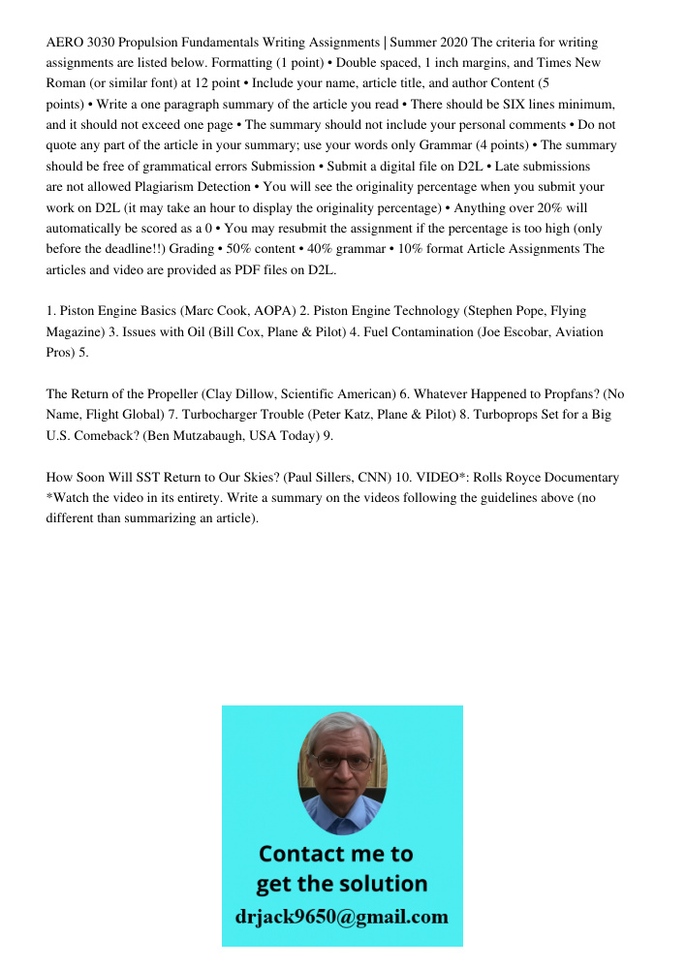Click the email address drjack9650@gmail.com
(342, 916)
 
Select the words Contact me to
(336, 854)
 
